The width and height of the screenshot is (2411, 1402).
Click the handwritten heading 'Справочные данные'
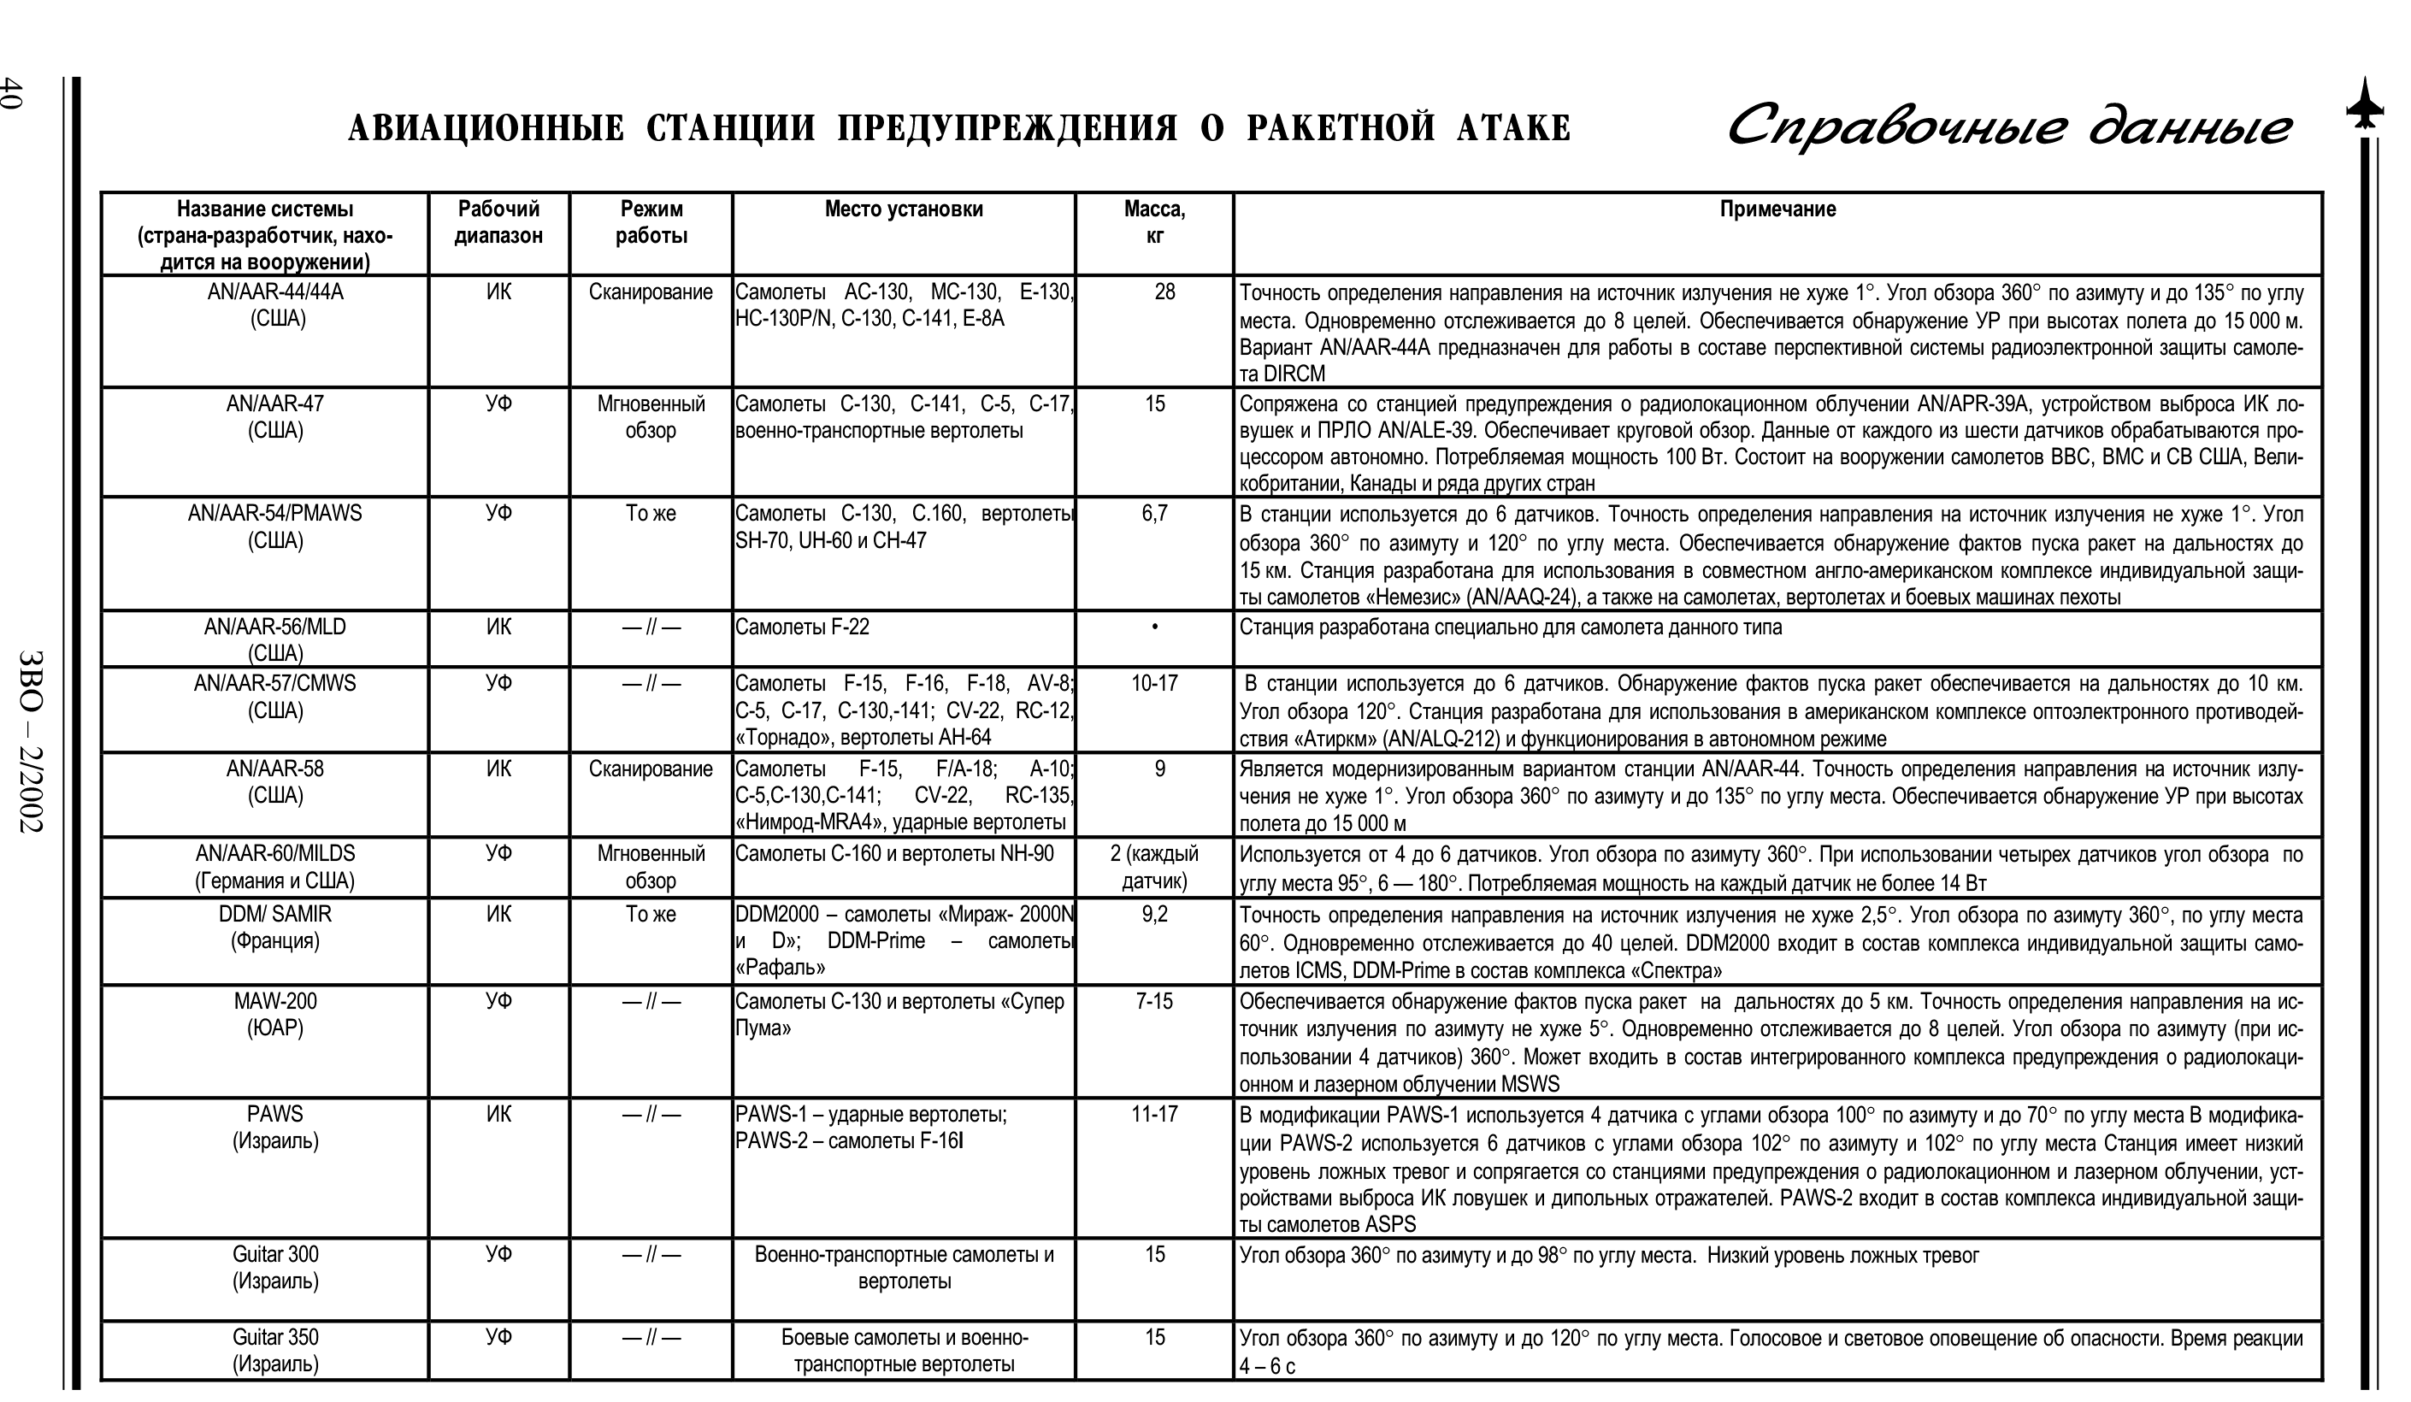2009,127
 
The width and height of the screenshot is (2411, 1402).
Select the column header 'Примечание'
1777,209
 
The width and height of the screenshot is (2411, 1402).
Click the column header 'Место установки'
903,209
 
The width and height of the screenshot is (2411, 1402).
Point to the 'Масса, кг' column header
1154,222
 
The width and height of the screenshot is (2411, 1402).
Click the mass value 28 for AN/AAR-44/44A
1164,292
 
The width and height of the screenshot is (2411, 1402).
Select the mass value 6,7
1154,515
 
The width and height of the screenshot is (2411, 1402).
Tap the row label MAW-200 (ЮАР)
274,1015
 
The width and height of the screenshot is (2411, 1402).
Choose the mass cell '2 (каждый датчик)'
1154,868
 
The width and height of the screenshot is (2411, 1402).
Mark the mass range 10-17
1154,684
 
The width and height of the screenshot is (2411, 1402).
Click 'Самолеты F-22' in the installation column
802,627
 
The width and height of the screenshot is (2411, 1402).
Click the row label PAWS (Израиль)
274,1128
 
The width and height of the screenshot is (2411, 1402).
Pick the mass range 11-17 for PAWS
1154,1115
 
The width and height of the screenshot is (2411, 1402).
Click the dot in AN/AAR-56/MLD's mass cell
1155,628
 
